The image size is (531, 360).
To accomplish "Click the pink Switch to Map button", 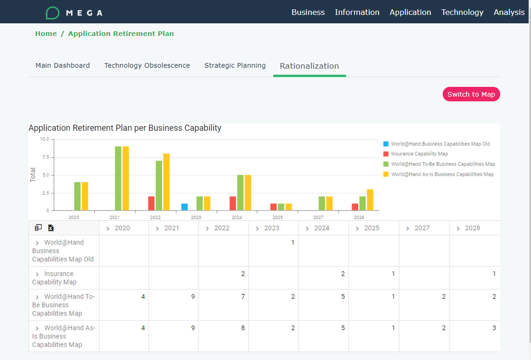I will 471,94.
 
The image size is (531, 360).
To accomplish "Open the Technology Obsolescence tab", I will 147,65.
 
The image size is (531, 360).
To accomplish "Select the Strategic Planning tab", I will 235,65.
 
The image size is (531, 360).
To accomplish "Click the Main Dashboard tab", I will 63,65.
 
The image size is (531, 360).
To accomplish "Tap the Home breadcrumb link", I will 46,33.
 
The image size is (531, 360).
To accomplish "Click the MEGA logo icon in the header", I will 52,13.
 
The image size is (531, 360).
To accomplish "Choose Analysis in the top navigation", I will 509,12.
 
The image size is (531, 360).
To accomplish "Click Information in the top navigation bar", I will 357,12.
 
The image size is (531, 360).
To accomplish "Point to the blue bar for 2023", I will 184,207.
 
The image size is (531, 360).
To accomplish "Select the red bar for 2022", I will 151,203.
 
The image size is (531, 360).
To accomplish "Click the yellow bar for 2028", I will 370,200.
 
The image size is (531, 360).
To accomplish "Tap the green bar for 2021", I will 118,178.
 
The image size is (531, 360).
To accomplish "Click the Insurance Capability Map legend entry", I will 419,154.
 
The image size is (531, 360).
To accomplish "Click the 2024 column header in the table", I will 321,228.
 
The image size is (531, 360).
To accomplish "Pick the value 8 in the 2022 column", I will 243,328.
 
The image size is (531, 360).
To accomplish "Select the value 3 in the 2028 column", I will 494,328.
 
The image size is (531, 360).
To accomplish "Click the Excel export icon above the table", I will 50,228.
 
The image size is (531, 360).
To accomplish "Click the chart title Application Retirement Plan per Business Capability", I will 125,128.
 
